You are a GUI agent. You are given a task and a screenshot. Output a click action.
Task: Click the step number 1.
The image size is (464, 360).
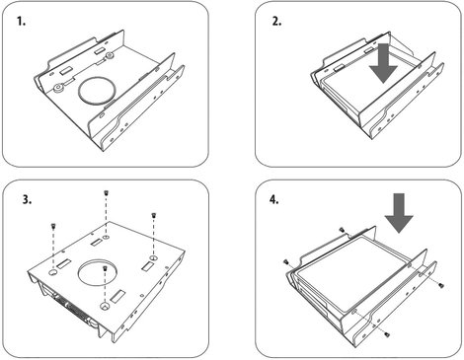pos(21,22)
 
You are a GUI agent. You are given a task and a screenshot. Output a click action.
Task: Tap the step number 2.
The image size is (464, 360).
pos(276,22)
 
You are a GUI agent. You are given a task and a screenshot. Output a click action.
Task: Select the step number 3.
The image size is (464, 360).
pos(27,199)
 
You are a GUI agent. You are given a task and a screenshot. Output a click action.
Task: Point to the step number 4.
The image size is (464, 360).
pos(273,199)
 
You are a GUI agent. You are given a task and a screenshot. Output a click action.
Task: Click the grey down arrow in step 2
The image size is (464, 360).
pos(383,65)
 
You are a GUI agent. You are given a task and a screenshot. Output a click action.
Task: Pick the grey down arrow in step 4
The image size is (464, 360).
pos(399,213)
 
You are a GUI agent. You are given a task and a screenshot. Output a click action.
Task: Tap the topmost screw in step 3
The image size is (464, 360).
pos(106,193)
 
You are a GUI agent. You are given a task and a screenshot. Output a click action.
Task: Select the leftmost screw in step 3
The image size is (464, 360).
pos(52,226)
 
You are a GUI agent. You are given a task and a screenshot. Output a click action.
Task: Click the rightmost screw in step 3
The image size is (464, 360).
pos(153,216)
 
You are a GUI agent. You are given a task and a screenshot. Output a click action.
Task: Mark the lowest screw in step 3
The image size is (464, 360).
pos(105,268)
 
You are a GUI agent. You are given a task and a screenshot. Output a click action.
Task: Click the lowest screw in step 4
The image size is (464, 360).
pos(387,334)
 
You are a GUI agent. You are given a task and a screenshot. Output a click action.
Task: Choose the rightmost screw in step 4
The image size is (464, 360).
pos(441,286)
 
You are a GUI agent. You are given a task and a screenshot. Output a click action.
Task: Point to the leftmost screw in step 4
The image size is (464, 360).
pos(286,261)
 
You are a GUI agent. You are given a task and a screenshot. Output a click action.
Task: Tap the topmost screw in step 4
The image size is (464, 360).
pos(342,230)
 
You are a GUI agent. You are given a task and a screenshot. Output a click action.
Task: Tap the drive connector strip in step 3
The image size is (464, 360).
pos(70,308)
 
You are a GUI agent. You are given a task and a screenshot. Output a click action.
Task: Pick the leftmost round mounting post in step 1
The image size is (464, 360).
pos(58,88)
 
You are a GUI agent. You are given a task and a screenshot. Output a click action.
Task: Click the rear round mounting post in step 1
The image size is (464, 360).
pos(110,56)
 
